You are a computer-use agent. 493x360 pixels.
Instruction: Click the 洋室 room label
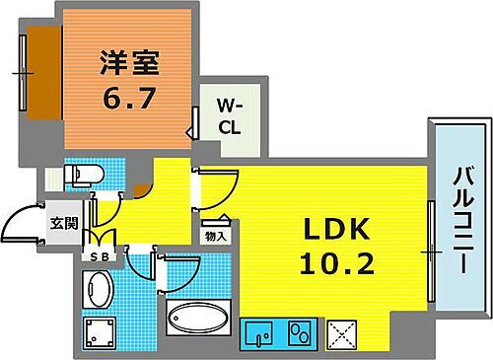click(x=128, y=62)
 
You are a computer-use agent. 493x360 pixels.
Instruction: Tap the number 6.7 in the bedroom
click(x=128, y=98)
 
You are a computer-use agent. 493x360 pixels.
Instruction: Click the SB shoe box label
click(x=99, y=257)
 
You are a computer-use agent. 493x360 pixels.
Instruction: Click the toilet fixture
click(x=81, y=176)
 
